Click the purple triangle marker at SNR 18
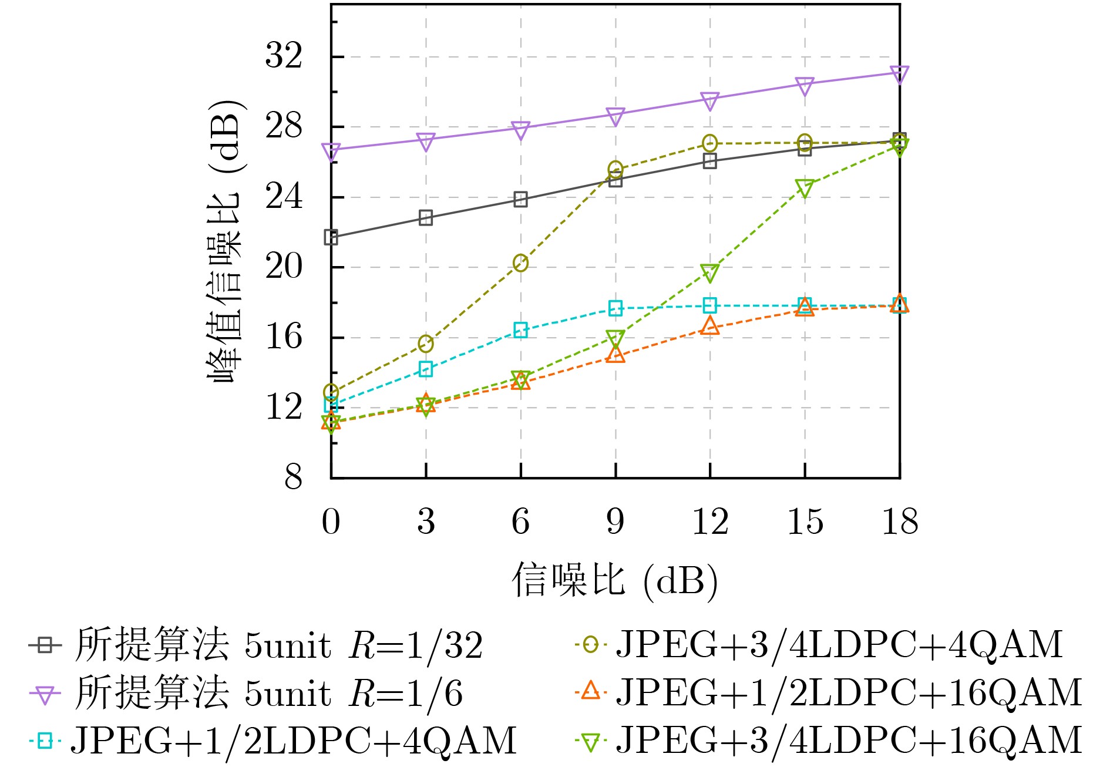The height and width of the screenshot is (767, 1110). click(x=899, y=74)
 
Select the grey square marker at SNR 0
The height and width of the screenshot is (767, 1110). click(x=331, y=238)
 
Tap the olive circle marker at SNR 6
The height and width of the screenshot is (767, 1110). click(x=520, y=263)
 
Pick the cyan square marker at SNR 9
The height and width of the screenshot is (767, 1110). click(x=615, y=308)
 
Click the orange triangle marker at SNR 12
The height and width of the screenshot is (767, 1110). click(x=710, y=326)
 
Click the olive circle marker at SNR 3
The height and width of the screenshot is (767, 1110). click(x=426, y=344)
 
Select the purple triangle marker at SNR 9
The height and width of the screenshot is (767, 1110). click(x=615, y=116)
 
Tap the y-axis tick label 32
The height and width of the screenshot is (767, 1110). click(x=284, y=56)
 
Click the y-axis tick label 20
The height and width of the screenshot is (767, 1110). click(x=284, y=267)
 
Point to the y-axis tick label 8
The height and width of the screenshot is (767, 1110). click(x=293, y=477)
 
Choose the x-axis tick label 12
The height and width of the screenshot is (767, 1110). click(x=710, y=522)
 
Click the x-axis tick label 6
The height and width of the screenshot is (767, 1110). click(x=520, y=522)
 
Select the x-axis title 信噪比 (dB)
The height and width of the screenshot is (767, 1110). click(x=615, y=581)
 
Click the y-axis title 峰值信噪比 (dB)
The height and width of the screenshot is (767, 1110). click(x=225, y=241)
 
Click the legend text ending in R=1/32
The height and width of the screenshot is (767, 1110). click(x=279, y=645)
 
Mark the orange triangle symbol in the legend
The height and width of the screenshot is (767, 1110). click(x=590, y=691)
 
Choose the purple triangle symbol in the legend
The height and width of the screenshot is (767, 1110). click(x=45, y=695)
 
